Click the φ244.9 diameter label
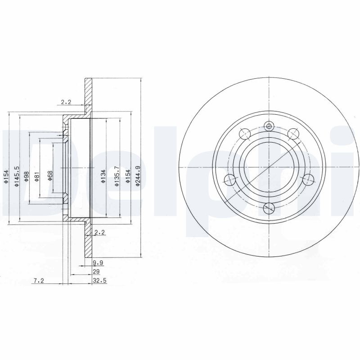pos(138,177)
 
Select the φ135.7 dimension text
pos(117,177)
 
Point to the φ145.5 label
pos(16,177)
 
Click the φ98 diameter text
pos(27,176)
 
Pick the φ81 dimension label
pos(38,177)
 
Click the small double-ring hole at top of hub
pos(270,126)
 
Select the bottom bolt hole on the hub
pos(269,208)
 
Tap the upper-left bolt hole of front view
pos(245,133)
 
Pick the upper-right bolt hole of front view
pos(294,133)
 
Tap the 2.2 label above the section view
pos(66,102)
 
